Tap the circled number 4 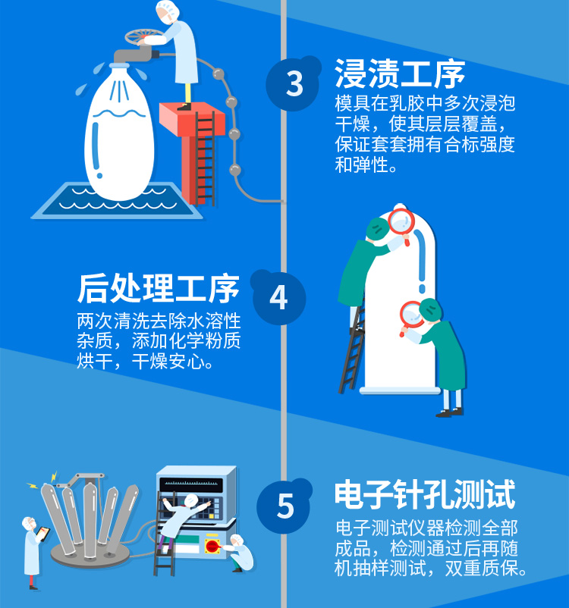tap(278, 296)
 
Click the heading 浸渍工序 tap(400, 75)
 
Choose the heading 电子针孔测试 tap(425, 495)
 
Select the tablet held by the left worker tap(44, 534)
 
